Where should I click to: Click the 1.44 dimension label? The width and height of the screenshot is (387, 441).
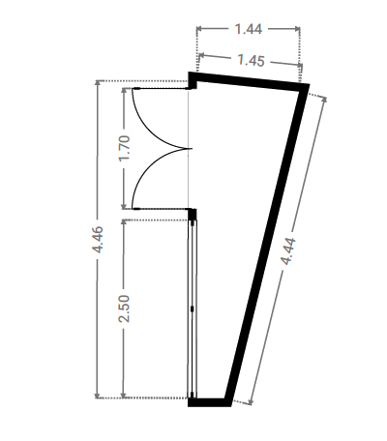click(249, 29)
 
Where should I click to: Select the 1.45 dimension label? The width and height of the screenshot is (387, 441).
click(251, 60)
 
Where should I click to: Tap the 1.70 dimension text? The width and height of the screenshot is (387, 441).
click(125, 148)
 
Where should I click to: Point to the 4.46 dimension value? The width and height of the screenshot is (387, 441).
click(98, 240)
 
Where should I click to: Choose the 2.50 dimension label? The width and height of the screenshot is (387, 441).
click(124, 309)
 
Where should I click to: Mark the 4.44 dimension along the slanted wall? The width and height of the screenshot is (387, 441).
click(288, 251)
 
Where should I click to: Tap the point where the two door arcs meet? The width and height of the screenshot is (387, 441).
click(192, 149)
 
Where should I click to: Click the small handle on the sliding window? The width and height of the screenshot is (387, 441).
click(193, 309)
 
